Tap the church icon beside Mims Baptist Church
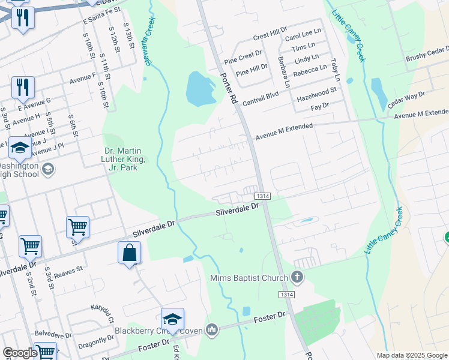tap(295, 277)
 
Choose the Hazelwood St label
tap(319, 92)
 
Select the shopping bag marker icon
tap(129, 253)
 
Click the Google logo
tap(20, 353)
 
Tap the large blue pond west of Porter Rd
tap(200, 89)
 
